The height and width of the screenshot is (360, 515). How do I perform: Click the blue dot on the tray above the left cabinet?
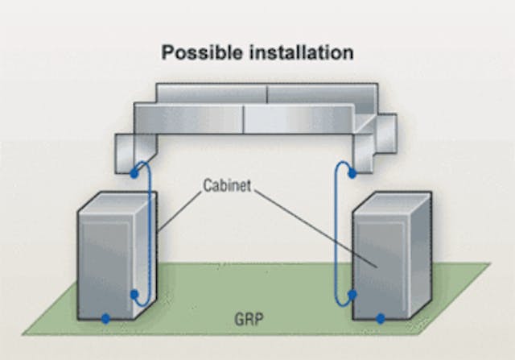pos(134,173)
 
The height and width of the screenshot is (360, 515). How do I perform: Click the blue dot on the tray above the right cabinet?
pos(352,172)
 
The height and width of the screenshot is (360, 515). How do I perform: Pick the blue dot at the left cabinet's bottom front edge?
pos(105,319)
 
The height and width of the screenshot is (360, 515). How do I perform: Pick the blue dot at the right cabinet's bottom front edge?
pos(381,319)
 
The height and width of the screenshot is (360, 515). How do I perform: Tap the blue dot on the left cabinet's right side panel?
pos(134,296)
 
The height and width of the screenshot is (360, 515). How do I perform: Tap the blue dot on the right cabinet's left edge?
pos(352,295)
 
